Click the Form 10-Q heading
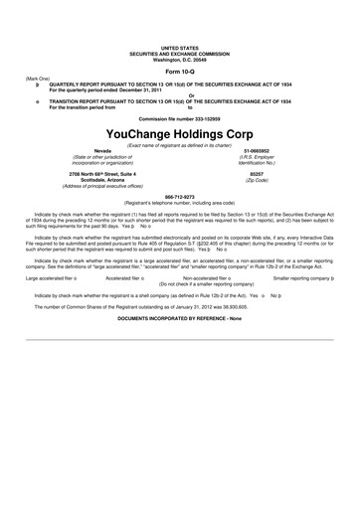click(179, 73)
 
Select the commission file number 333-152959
click(179, 118)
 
